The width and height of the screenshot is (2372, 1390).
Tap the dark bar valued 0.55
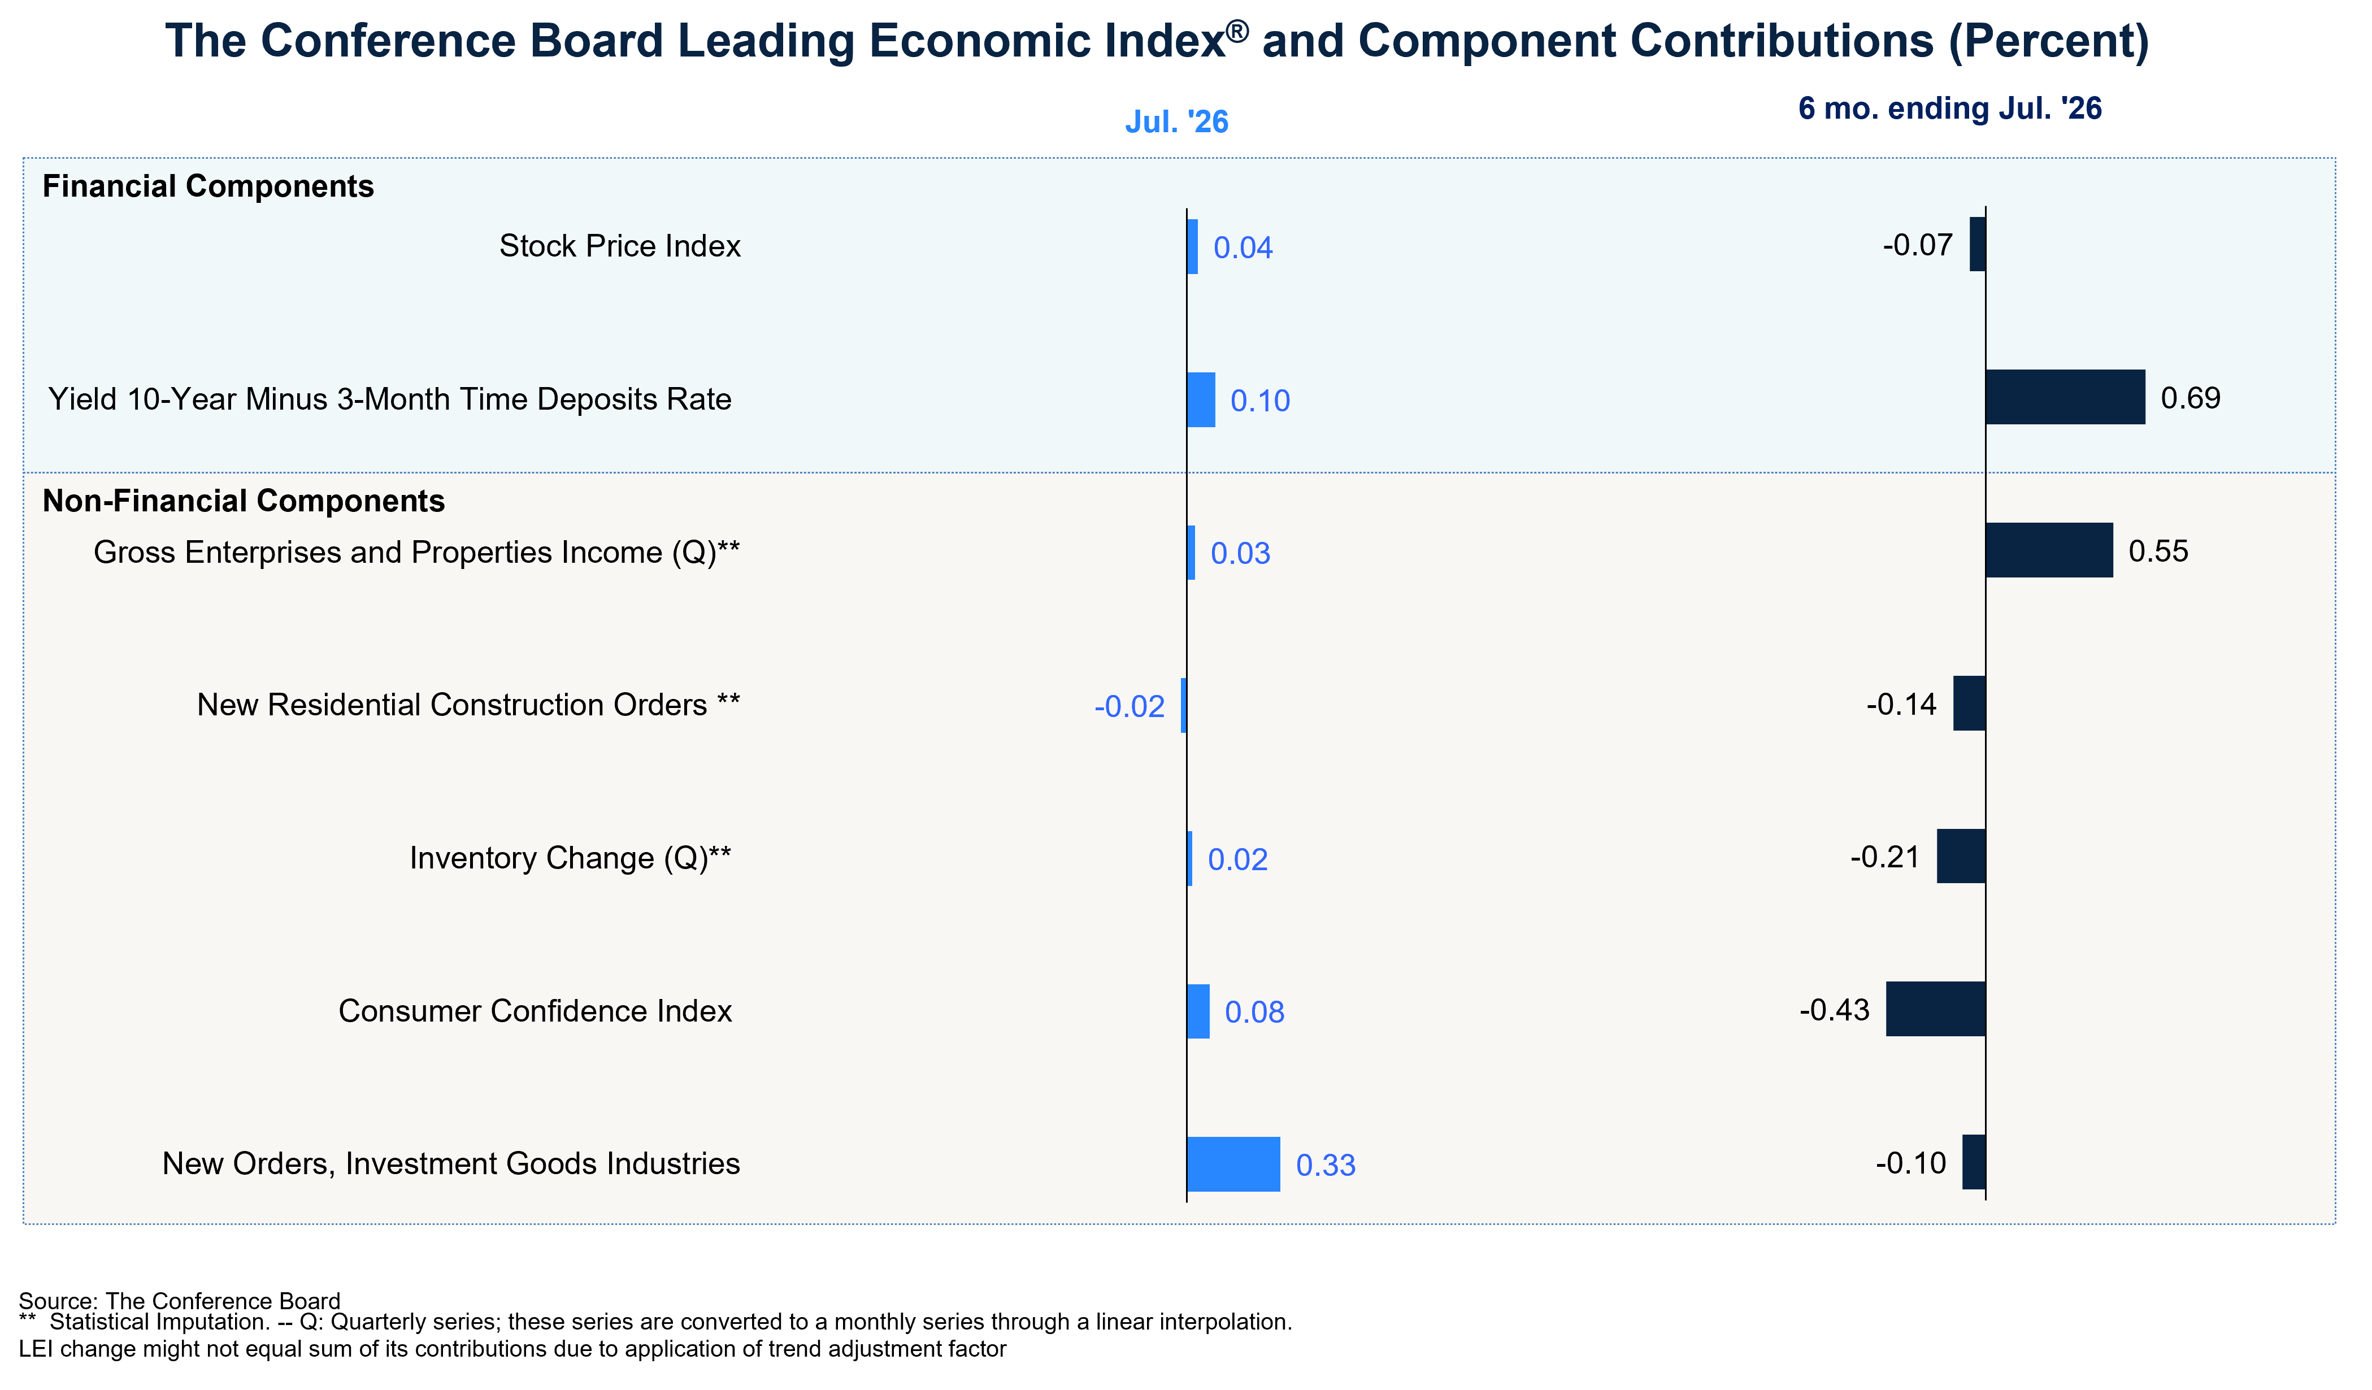click(x=2049, y=550)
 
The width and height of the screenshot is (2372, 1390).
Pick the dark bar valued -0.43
click(x=1936, y=1009)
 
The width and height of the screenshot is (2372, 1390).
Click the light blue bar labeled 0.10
click(x=1201, y=400)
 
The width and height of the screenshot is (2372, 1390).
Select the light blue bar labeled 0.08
click(x=1198, y=1011)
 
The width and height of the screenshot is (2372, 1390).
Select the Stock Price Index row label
click(x=620, y=246)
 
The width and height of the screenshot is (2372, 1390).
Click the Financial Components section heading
click(x=208, y=186)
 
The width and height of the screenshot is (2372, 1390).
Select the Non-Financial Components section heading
click(x=244, y=501)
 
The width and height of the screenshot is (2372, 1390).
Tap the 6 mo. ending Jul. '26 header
click(x=1950, y=108)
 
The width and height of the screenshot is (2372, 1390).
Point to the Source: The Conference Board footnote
click(x=180, y=1301)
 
